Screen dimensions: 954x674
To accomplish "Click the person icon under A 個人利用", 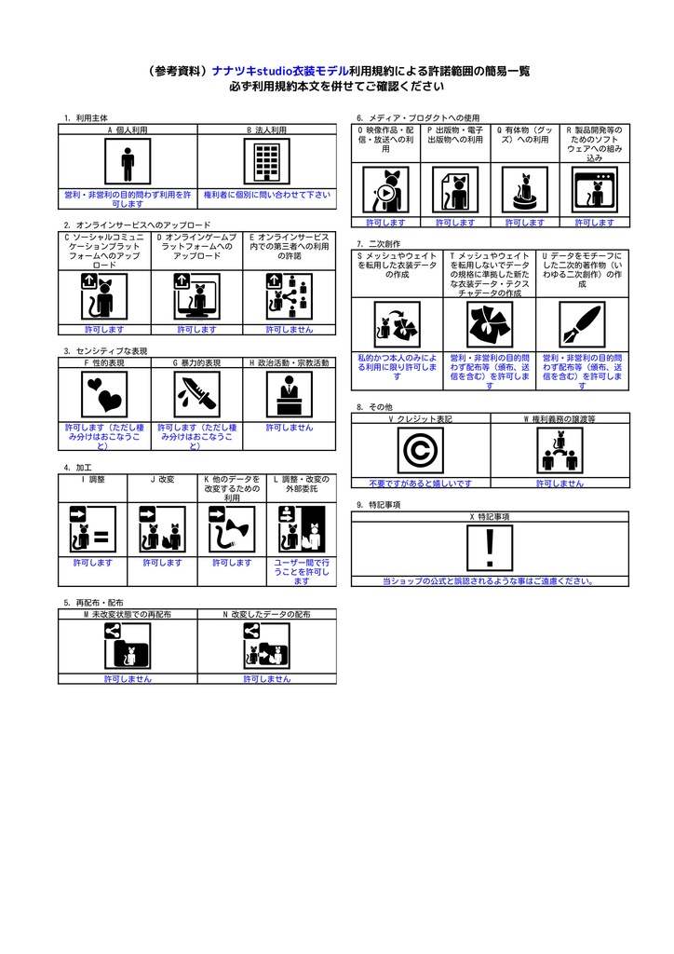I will (x=128, y=163).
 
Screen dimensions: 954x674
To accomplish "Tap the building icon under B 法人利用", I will (x=267, y=163).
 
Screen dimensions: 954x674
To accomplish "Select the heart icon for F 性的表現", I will (x=104, y=394).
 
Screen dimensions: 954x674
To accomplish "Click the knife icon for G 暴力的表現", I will (x=197, y=394).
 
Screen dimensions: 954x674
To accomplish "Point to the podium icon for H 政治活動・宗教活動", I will (x=290, y=394).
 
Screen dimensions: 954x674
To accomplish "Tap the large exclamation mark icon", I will (x=490, y=548).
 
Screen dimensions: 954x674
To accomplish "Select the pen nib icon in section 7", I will (x=582, y=324).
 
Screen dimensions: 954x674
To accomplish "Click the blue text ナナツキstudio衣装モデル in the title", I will (x=280, y=71).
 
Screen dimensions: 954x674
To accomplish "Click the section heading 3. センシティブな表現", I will (x=105, y=351).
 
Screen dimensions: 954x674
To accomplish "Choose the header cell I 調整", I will (x=93, y=479).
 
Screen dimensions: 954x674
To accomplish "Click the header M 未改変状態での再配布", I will (x=128, y=615).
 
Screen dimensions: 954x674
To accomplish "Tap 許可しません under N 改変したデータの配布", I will (x=267, y=679).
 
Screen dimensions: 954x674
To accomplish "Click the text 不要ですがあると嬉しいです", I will (x=420, y=484).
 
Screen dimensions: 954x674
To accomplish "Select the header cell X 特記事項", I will (x=490, y=516).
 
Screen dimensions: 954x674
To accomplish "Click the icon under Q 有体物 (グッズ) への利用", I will (x=525, y=190).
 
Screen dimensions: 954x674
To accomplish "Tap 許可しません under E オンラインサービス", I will (x=290, y=330).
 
